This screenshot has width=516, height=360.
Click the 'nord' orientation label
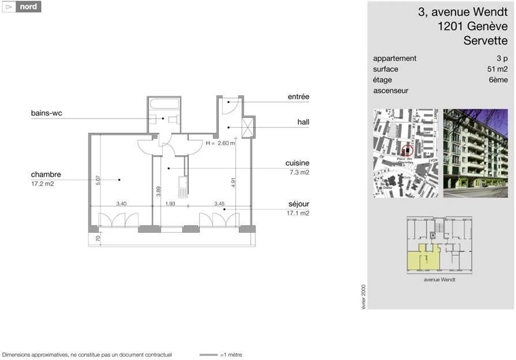(x=28, y=7)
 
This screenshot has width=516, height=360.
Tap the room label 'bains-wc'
(x=46, y=113)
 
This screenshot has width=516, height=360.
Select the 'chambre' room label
(x=46, y=174)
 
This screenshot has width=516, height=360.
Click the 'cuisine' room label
(x=297, y=163)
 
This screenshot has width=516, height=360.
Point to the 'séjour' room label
(x=298, y=204)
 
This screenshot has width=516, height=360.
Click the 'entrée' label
(x=298, y=96)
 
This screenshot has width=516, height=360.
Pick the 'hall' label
(x=303, y=122)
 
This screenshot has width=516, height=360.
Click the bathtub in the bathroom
(x=164, y=104)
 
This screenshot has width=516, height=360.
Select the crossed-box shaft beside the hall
(x=248, y=127)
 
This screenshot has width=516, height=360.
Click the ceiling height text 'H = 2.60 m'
(x=220, y=143)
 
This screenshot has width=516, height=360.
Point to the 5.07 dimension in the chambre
(x=98, y=180)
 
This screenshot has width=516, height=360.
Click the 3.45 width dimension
(x=219, y=203)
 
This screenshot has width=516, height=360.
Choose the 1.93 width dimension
(x=170, y=203)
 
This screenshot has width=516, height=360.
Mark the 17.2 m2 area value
(x=42, y=184)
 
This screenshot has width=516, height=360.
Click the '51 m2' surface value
(x=497, y=69)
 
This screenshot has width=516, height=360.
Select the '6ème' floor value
(x=498, y=80)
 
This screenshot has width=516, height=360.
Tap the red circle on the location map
(x=407, y=150)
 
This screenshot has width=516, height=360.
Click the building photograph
(x=475, y=153)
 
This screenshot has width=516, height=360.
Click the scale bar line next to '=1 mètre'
(x=209, y=355)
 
